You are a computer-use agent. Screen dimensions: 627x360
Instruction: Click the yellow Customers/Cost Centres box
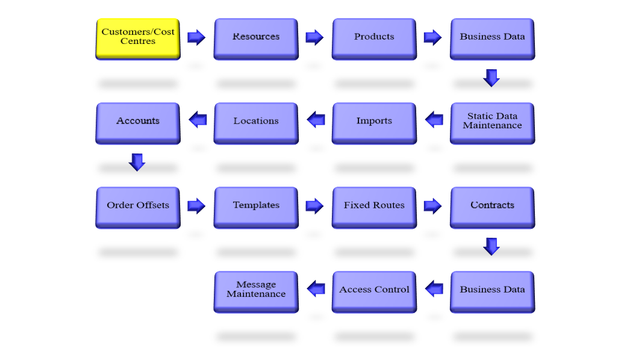(x=138, y=39)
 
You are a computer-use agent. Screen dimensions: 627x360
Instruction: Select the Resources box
(x=256, y=39)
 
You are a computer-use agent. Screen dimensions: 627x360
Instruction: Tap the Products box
(x=374, y=39)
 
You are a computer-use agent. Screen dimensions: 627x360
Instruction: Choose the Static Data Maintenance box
(x=492, y=123)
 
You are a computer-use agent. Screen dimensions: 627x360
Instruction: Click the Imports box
(x=374, y=123)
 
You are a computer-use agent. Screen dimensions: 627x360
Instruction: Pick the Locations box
(x=256, y=123)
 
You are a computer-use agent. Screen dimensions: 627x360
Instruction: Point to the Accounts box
(x=138, y=123)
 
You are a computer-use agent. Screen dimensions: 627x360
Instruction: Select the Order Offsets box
(x=138, y=207)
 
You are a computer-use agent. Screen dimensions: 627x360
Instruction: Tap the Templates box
(x=256, y=207)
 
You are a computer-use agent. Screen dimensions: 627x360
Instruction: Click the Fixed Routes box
(x=374, y=207)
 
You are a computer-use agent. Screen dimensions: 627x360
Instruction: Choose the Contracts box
(x=492, y=207)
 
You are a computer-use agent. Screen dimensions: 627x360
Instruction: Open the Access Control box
(x=374, y=292)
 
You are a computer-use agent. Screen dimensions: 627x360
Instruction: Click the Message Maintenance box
(x=256, y=292)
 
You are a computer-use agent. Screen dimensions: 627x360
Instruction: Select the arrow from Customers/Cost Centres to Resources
(x=196, y=37)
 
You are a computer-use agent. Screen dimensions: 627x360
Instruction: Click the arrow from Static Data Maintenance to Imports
(x=434, y=120)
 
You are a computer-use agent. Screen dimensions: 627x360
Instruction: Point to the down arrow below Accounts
(x=137, y=162)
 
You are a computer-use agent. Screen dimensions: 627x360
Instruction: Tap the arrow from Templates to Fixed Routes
(x=314, y=206)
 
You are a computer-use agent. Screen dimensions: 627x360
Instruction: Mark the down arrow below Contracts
(x=491, y=246)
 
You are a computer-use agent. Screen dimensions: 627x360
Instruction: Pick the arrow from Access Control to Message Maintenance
(x=316, y=288)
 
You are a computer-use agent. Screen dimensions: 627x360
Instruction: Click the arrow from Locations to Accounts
(x=198, y=120)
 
